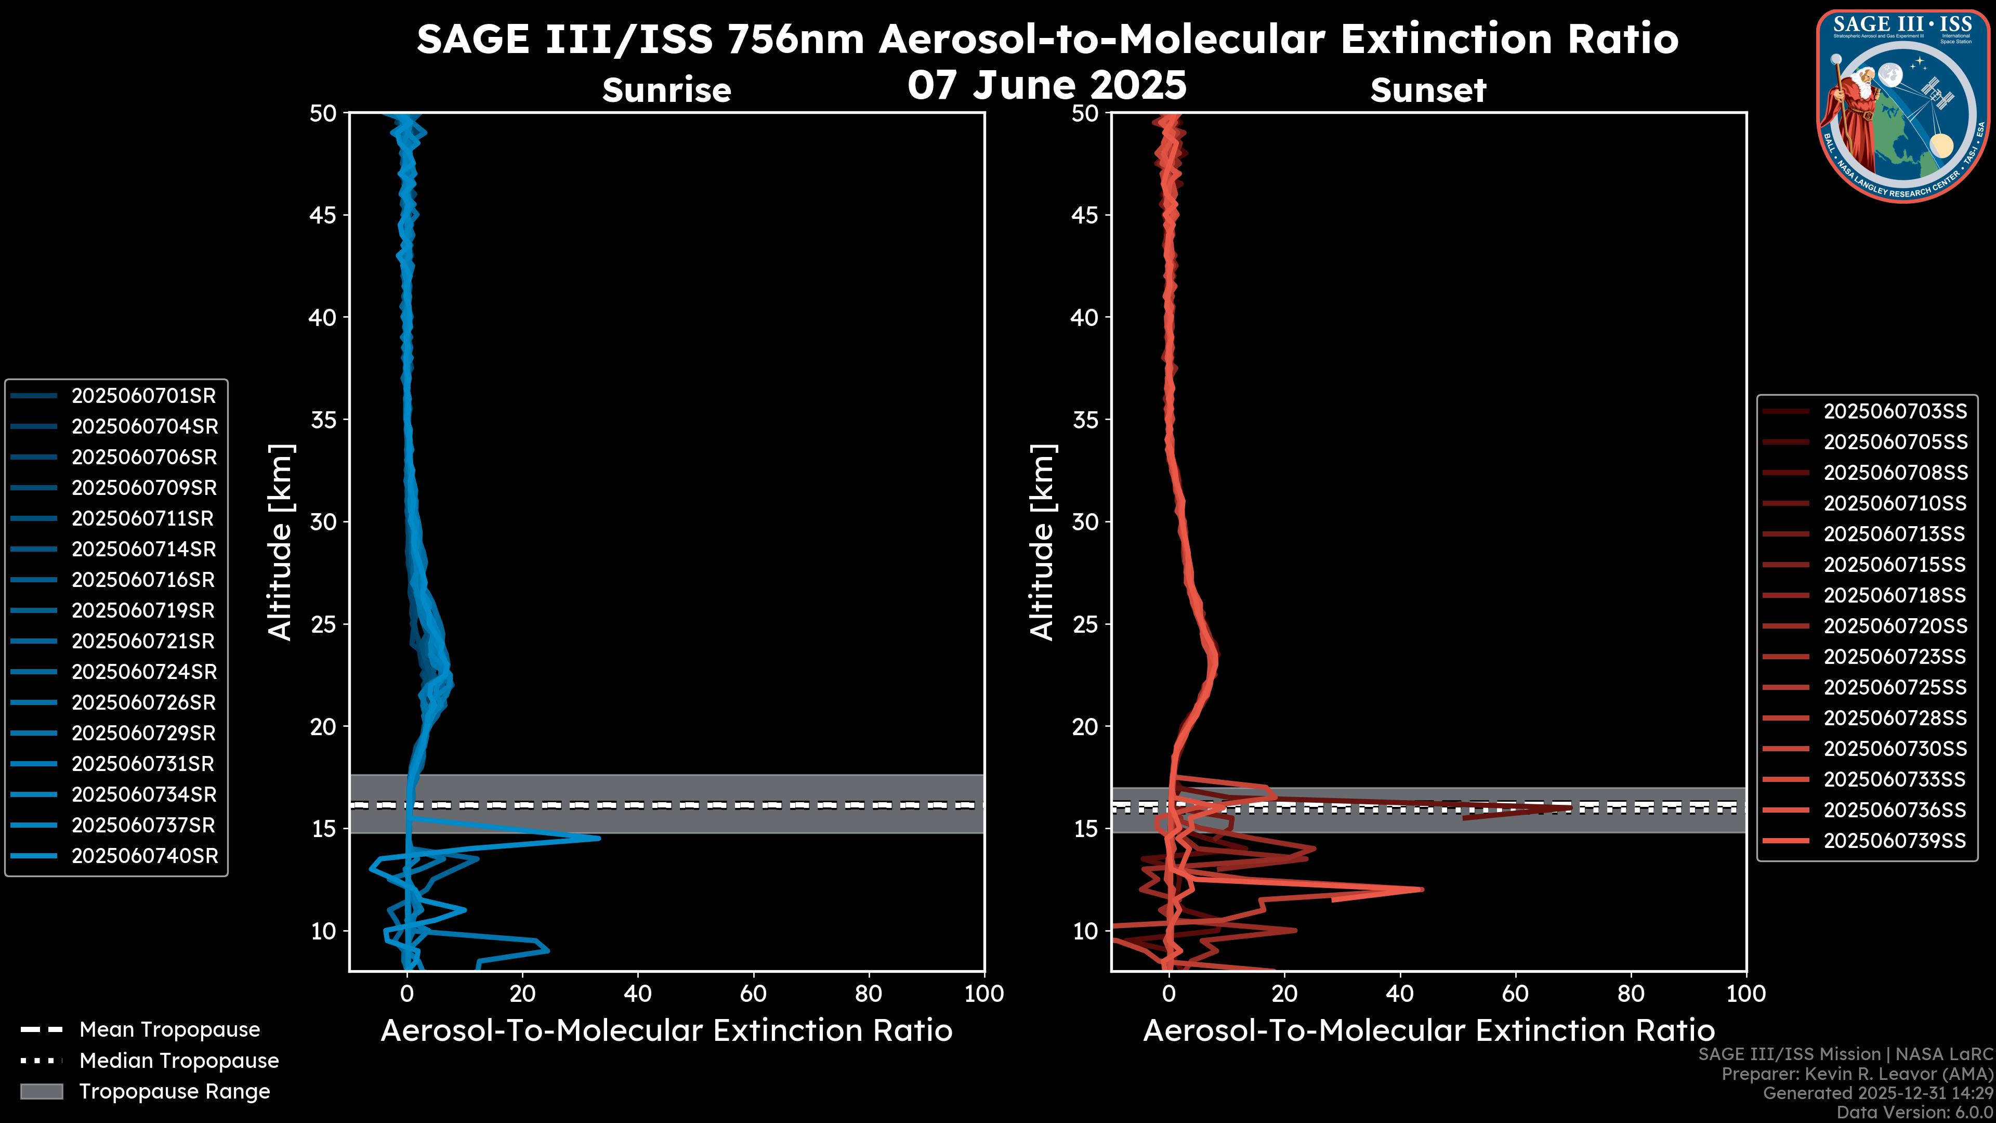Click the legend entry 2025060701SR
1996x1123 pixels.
[x=143, y=396]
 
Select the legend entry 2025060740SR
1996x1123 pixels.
[x=145, y=856]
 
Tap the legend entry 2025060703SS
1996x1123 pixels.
[x=1895, y=412]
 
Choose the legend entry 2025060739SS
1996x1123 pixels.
[x=1895, y=841]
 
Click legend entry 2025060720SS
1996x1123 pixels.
[x=1895, y=626]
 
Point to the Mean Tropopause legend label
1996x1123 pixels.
[x=169, y=1030]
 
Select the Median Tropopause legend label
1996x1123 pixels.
[x=179, y=1061]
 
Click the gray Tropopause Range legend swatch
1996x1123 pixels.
[x=42, y=1091]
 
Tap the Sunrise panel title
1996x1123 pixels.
[x=666, y=90]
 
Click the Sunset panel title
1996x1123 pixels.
[x=1428, y=90]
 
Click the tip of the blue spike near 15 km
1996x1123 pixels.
[x=599, y=838]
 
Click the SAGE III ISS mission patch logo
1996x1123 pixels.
[x=1903, y=106]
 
